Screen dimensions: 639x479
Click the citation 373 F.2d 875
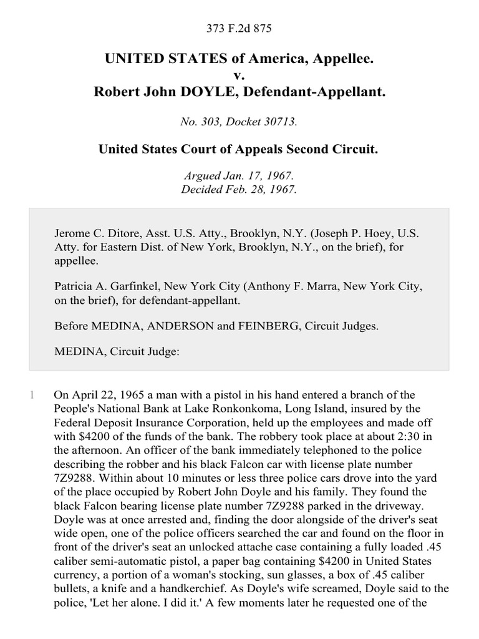click(239, 28)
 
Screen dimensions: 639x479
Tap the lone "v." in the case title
click(239, 76)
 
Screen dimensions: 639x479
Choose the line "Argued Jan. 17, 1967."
click(239, 177)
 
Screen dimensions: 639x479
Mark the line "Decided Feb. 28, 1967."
click(239, 190)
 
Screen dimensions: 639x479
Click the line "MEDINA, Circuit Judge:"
click(117, 351)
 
